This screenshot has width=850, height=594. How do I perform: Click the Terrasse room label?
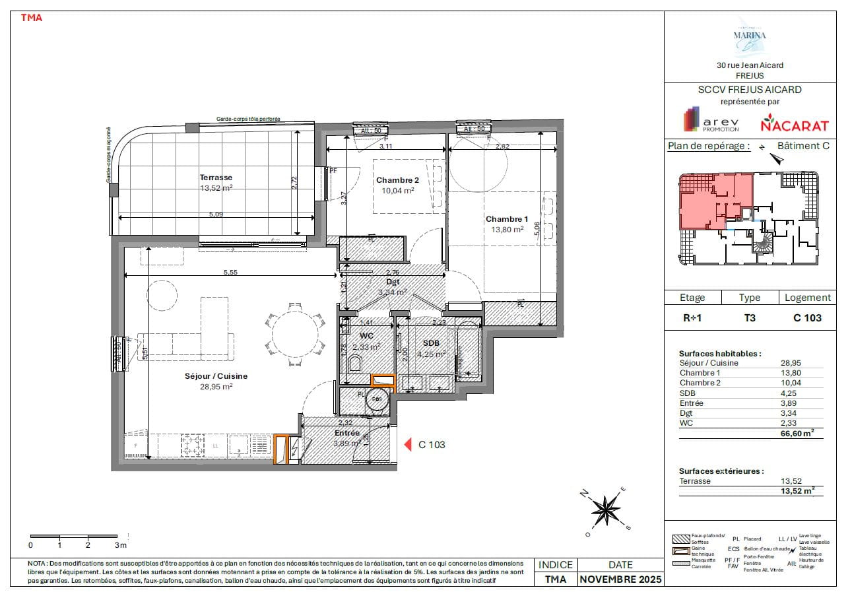click(x=216, y=178)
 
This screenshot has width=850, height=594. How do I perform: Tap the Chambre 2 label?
click(x=397, y=180)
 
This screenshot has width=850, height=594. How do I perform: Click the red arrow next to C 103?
click(x=408, y=444)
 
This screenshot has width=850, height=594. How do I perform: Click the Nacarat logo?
click(x=785, y=123)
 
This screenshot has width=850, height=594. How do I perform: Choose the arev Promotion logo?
click(x=711, y=121)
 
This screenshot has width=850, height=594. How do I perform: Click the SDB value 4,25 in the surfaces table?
click(x=791, y=393)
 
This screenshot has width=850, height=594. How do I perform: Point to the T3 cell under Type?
click(x=750, y=317)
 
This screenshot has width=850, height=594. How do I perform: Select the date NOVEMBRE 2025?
click(x=620, y=579)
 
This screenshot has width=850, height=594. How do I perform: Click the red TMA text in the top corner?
click(x=32, y=18)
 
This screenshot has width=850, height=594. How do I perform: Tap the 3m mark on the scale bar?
click(x=119, y=545)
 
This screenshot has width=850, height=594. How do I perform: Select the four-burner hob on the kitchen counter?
click(x=194, y=445)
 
